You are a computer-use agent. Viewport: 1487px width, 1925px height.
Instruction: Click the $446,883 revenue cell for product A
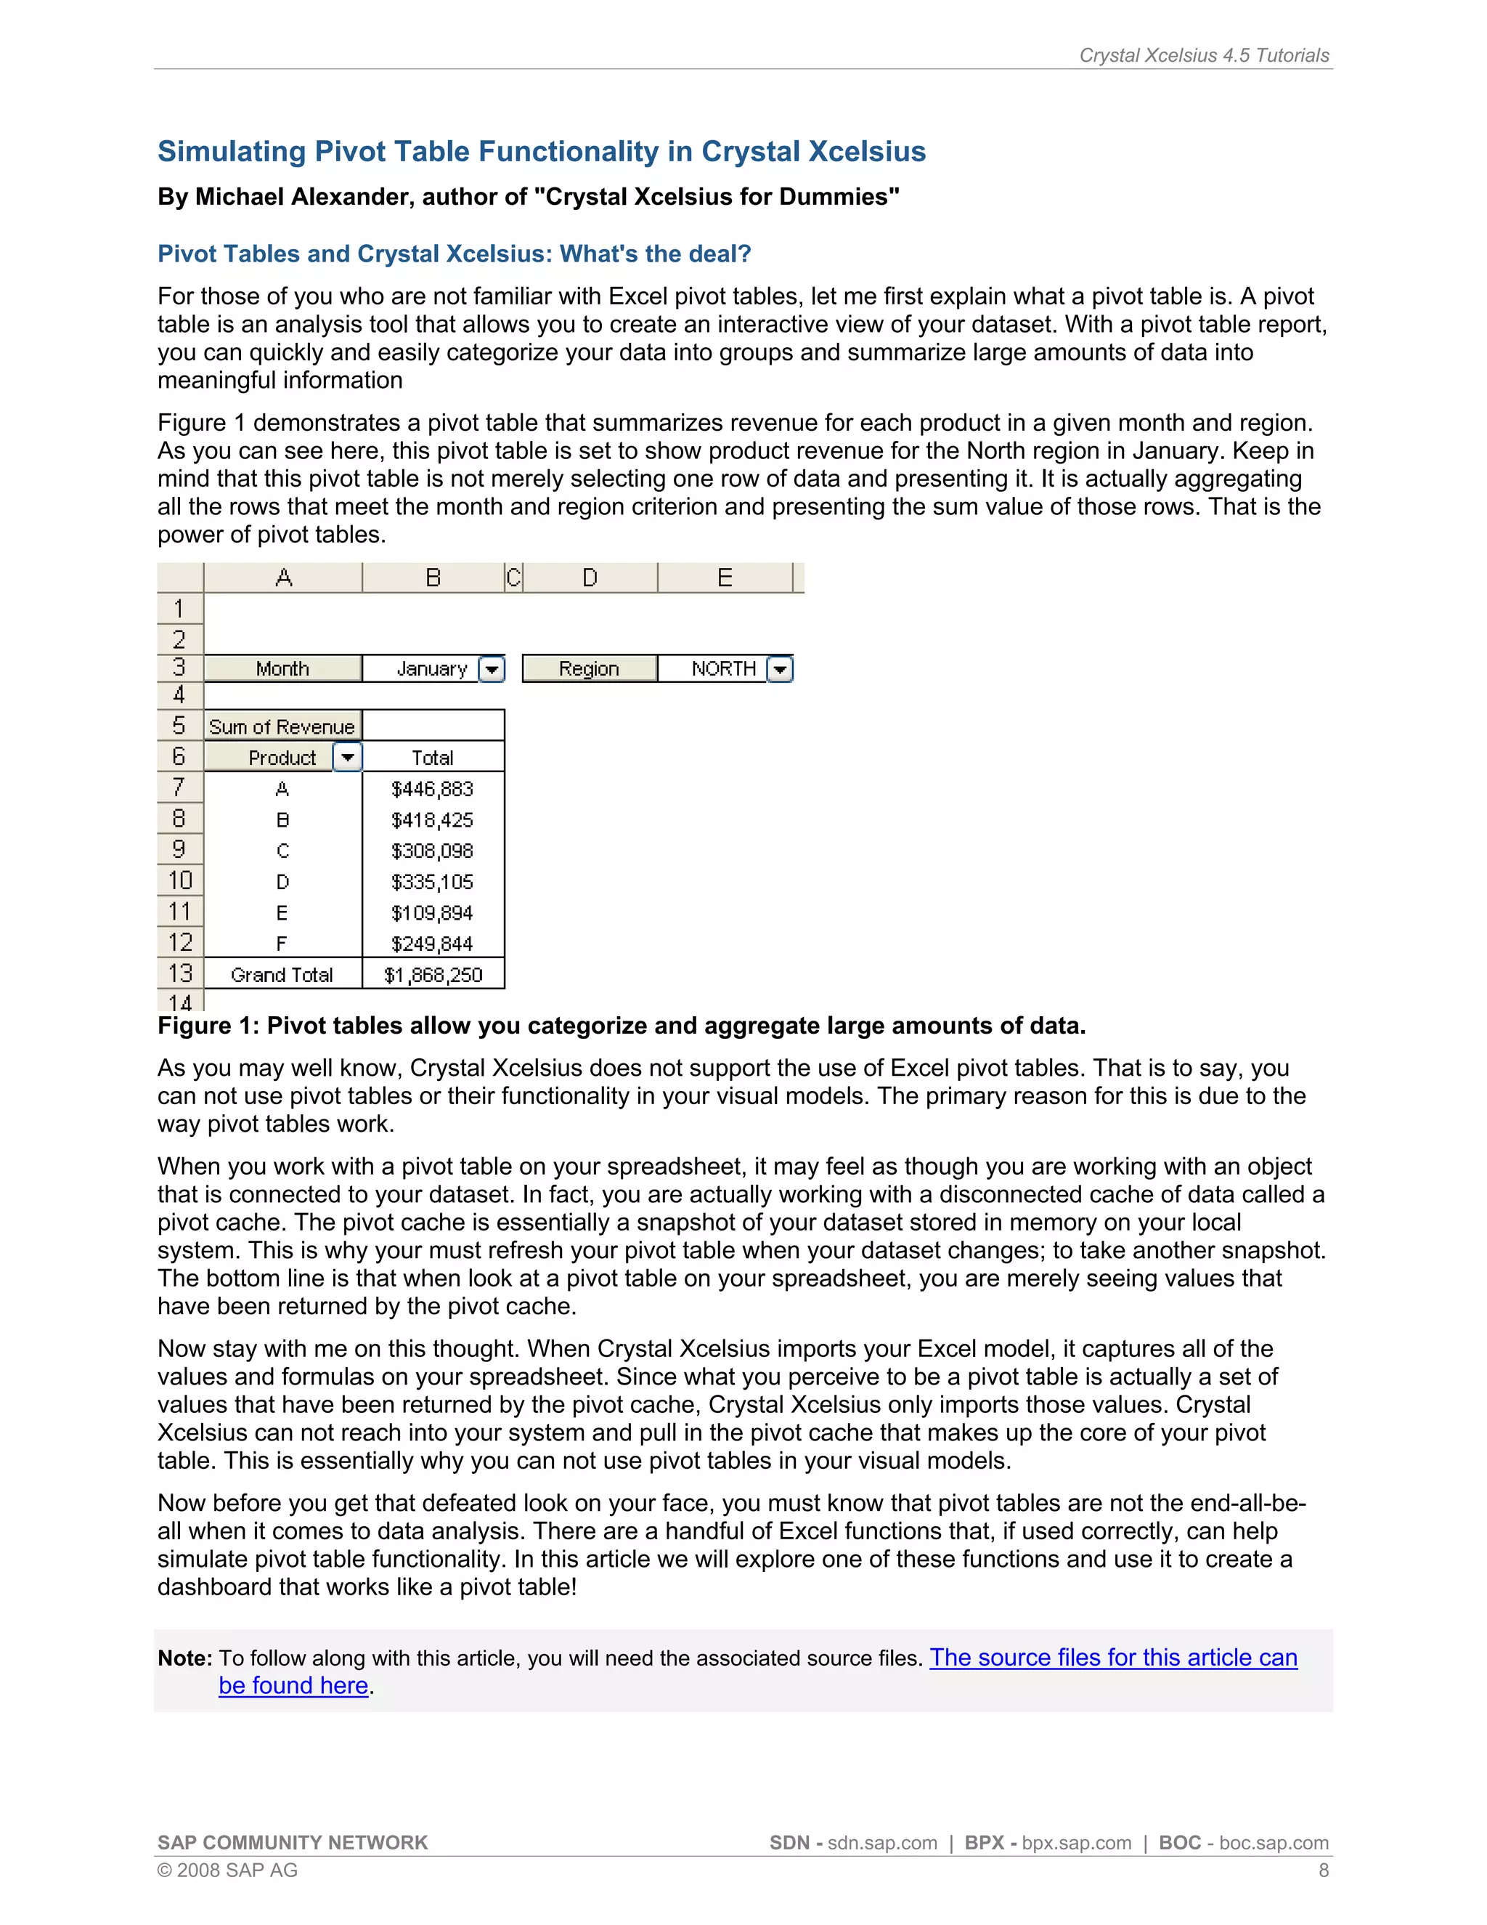coord(432,789)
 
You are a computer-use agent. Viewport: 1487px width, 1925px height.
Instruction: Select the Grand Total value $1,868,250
coord(433,975)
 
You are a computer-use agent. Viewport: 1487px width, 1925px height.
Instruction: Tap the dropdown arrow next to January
coord(492,669)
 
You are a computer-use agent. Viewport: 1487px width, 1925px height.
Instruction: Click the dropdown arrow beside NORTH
coord(780,669)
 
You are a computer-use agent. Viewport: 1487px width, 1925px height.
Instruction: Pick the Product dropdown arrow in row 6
coord(348,757)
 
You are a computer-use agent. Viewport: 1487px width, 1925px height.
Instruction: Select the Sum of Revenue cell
coord(282,726)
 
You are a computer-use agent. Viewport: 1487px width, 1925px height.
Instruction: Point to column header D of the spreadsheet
coord(590,578)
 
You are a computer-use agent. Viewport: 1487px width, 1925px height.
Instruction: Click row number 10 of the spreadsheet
coord(180,880)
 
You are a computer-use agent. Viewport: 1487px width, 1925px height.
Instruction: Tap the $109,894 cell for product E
coord(432,913)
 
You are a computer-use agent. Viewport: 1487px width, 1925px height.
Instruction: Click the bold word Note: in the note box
coord(185,1659)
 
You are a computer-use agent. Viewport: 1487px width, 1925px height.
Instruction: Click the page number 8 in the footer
coord(1323,1871)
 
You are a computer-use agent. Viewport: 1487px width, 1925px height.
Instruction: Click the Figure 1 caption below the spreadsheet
coord(621,1026)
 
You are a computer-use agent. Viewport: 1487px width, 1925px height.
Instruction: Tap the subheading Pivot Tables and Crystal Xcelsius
coord(454,254)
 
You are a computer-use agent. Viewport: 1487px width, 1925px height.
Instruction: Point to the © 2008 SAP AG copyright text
coord(227,1871)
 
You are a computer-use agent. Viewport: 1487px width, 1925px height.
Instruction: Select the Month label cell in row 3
coord(282,669)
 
